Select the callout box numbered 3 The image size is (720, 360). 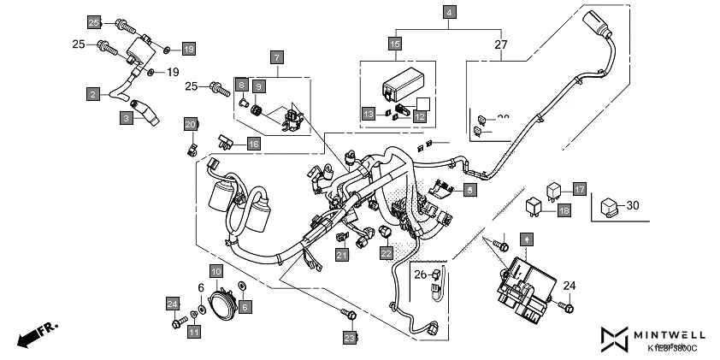tap(126, 119)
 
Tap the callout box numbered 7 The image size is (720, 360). tap(275, 56)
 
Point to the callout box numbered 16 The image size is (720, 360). tap(253, 144)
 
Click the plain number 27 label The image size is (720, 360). tap(501, 44)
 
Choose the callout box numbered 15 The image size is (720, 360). tap(394, 44)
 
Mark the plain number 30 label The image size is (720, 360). tap(632, 205)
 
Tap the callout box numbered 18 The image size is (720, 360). tap(563, 210)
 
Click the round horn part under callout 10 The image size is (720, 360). tap(223, 304)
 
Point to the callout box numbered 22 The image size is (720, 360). tap(387, 253)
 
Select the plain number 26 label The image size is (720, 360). tap(419, 274)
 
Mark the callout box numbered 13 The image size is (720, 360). tap(367, 114)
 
